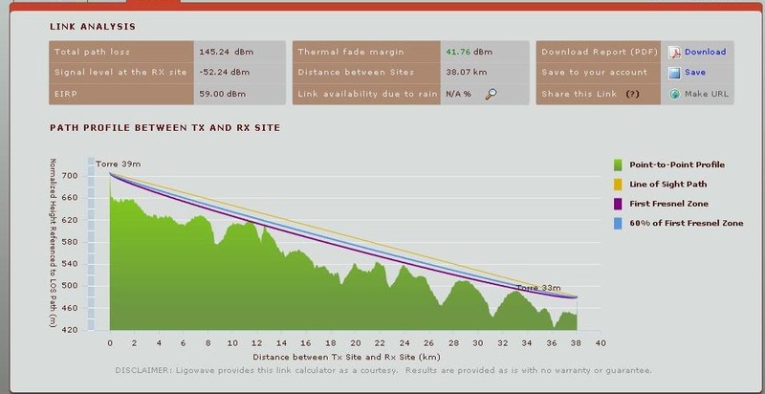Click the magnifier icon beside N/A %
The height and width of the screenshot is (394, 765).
pyautogui.click(x=492, y=94)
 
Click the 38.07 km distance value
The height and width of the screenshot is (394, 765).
pyautogui.click(x=463, y=73)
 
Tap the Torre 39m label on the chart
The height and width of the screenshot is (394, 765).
pyautogui.click(x=116, y=165)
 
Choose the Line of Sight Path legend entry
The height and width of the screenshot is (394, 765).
pyautogui.click(x=669, y=186)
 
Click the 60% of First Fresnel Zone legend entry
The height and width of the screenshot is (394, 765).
pyautogui.click(x=686, y=223)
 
